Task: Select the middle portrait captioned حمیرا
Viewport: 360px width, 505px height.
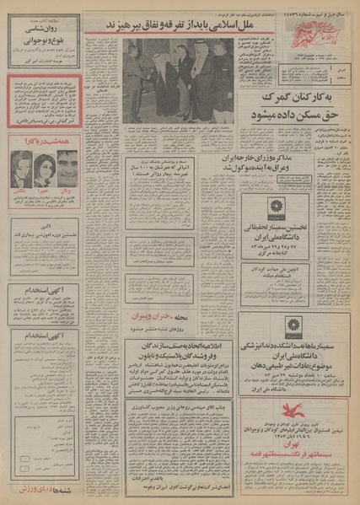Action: coord(44,169)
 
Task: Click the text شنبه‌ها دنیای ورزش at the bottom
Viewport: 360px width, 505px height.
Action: coord(43,488)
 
